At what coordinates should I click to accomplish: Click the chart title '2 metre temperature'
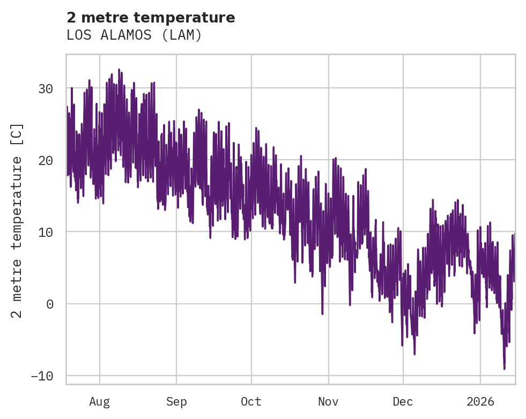click(151, 18)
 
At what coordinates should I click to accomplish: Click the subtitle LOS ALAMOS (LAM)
click(134, 35)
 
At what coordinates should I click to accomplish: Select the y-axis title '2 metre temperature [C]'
click(17, 221)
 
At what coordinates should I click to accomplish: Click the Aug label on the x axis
click(99, 401)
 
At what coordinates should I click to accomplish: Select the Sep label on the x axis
click(176, 401)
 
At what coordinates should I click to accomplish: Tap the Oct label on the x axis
click(251, 401)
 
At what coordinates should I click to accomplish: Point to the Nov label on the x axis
click(328, 401)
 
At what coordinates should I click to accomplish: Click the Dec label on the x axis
click(403, 401)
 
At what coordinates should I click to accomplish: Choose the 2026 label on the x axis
click(480, 401)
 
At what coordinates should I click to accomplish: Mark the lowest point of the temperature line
click(504, 369)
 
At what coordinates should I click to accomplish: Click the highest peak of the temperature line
click(119, 70)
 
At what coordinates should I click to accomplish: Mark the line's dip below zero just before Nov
click(322, 313)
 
